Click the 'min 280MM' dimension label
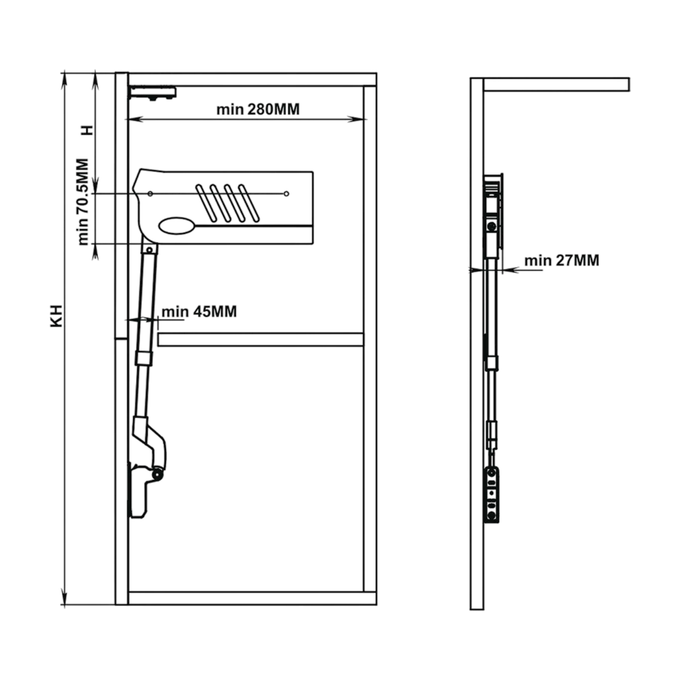(x=258, y=109)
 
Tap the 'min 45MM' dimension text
(x=199, y=312)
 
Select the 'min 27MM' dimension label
(x=562, y=260)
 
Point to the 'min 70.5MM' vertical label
(x=83, y=202)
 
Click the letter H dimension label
(x=88, y=130)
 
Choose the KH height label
(x=57, y=316)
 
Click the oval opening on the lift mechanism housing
(x=176, y=226)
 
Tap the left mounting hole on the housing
(x=150, y=194)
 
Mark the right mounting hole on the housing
(x=286, y=194)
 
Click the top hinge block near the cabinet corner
(x=153, y=93)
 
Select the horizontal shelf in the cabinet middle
(x=260, y=339)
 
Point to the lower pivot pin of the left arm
(x=156, y=475)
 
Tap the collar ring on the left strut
(x=144, y=358)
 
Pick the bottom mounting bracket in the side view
(x=492, y=494)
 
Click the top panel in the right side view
(x=556, y=84)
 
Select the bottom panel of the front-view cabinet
(x=252, y=598)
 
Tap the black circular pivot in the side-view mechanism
(x=492, y=226)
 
